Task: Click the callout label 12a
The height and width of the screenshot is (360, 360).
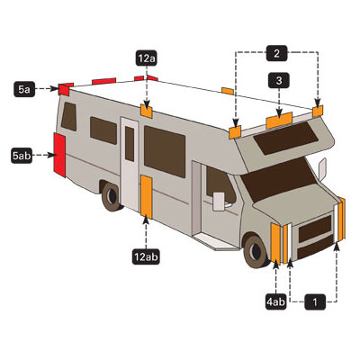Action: [x=147, y=58]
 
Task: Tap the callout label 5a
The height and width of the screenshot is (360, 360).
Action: [x=24, y=89]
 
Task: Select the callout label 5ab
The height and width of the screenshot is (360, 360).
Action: [x=22, y=156]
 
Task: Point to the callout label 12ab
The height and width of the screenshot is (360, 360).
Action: [x=146, y=256]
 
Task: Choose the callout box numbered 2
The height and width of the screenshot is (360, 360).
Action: [x=277, y=53]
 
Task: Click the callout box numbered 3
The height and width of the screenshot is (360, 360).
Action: [x=279, y=80]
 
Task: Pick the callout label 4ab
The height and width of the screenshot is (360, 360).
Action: [x=275, y=301]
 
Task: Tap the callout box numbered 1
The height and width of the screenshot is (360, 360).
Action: [x=315, y=301]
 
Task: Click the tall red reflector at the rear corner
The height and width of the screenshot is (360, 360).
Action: [x=59, y=155]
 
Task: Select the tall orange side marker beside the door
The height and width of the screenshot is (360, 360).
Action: [x=147, y=197]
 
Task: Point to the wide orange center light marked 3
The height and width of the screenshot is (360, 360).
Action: [x=279, y=121]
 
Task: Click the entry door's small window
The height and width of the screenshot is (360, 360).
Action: [x=130, y=144]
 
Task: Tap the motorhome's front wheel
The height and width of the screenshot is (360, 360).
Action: [x=256, y=251]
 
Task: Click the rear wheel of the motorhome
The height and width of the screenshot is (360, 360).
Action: [x=112, y=196]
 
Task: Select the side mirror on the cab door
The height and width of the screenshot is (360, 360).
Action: [x=219, y=202]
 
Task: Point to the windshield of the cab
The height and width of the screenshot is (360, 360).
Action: [x=279, y=179]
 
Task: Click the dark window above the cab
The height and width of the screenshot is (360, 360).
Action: [x=285, y=139]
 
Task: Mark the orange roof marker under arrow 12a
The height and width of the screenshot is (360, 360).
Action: [x=147, y=111]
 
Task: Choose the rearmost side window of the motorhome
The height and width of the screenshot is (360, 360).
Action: [x=69, y=116]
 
